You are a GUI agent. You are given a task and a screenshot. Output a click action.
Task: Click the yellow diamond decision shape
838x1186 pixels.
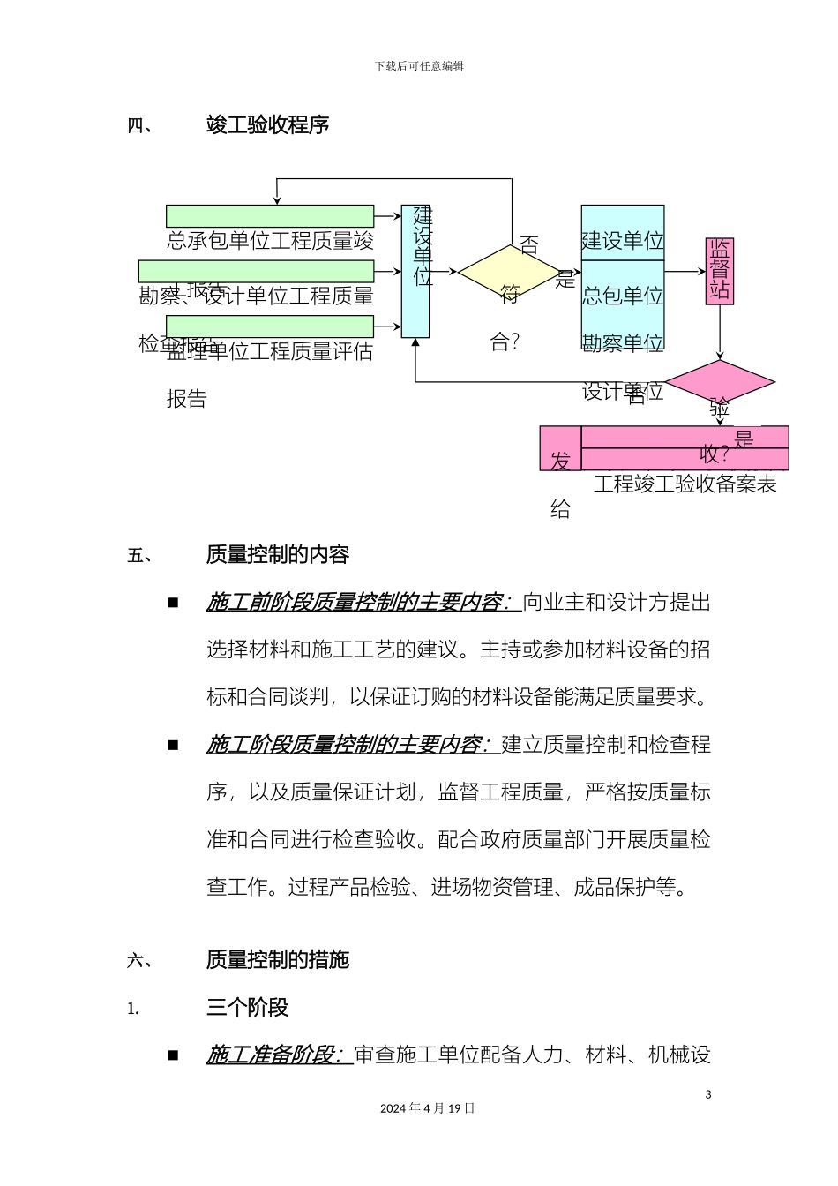click(x=510, y=272)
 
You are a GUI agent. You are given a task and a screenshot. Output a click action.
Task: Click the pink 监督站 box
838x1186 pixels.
click(x=719, y=271)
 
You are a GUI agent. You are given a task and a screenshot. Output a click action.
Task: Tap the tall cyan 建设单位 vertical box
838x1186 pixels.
click(x=415, y=272)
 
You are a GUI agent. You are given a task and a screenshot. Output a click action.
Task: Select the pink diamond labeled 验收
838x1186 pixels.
click(x=719, y=383)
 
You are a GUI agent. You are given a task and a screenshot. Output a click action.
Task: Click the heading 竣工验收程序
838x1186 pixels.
click(x=267, y=125)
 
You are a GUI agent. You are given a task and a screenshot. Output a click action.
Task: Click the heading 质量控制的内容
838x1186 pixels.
click(x=278, y=555)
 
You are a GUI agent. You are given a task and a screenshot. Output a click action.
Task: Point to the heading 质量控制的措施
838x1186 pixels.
click(x=278, y=960)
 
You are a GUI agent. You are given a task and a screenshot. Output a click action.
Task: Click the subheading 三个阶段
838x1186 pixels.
click(x=247, y=1008)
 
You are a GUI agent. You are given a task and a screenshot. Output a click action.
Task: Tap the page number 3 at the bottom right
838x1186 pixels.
click(x=707, y=1095)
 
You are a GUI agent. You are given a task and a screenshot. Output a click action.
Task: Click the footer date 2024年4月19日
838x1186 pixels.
click(x=427, y=1108)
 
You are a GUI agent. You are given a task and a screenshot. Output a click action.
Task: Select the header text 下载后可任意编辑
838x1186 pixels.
click(x=419, y=66)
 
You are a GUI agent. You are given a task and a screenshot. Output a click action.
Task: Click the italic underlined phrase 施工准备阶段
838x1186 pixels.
click(x=273, y=1055)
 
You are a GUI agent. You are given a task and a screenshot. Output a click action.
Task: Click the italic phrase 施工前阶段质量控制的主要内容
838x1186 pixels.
click(x=357, y=603)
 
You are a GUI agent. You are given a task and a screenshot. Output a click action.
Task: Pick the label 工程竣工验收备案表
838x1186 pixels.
click(x=685, y=484)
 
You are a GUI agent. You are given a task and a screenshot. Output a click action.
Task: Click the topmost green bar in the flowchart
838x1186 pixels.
click(x=270, y=216)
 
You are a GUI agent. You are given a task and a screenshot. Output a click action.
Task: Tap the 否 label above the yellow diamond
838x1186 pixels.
click(x=528, y=245)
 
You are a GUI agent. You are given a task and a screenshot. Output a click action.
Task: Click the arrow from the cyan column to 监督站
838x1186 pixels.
click(x=685, y=272)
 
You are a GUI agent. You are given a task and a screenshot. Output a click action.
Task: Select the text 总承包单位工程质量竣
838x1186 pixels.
click(x=270, y=241)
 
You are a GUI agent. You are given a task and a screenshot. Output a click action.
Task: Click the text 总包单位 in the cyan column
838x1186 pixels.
click(x=623, y=296)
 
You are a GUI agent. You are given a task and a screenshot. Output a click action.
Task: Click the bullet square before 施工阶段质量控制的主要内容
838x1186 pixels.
click(x=173, y=745)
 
